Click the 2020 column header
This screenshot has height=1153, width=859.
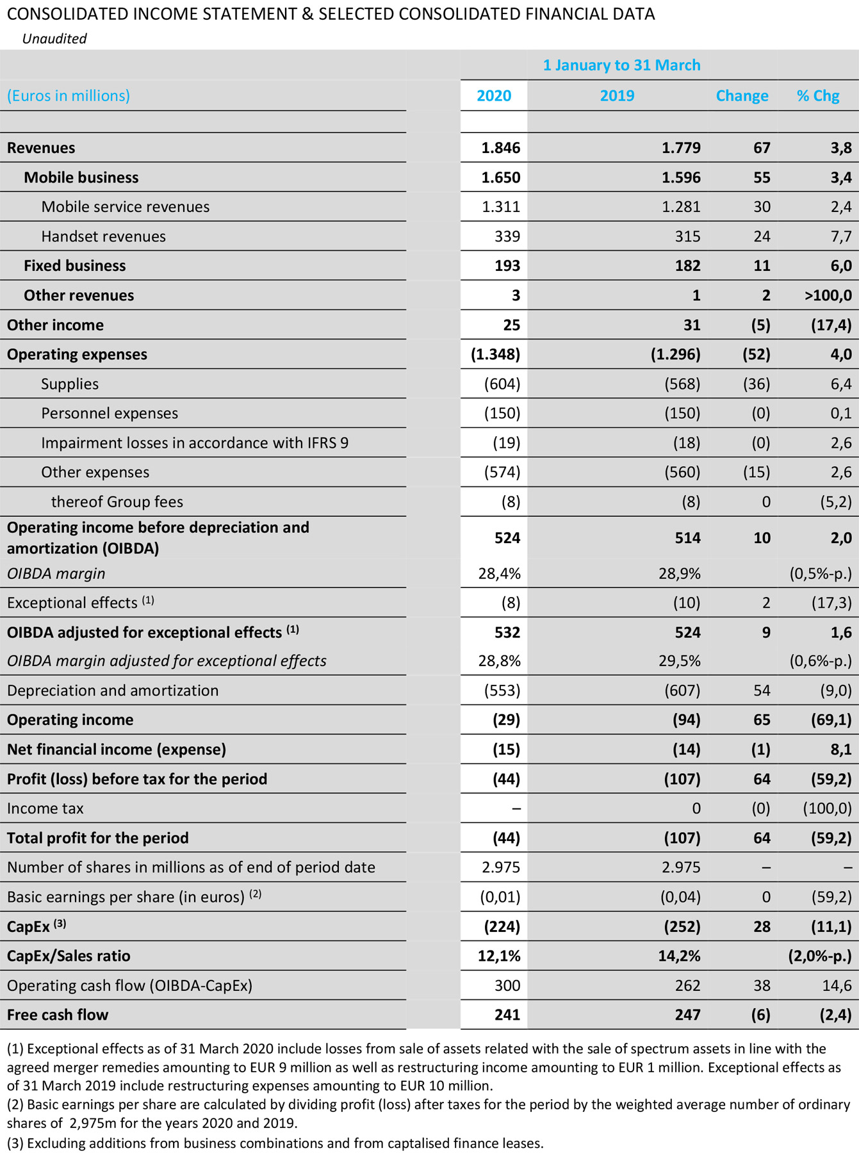click(x=494, y=96)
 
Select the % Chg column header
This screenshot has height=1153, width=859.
click(x=817, y=96)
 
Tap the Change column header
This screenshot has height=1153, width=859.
click(x=742, y=96)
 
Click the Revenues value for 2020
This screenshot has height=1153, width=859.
click(x=501, y=148)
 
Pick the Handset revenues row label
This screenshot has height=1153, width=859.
click(x=103, y=236)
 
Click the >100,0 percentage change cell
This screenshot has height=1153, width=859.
click(x=828, y=295)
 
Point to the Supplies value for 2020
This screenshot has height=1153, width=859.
click(x=502, y=384)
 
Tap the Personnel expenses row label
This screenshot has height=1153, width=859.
click(x=110, y=413)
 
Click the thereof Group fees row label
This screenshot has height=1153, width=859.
click(x=117, y=502)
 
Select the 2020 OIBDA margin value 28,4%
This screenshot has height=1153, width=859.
click(x=500, y=573)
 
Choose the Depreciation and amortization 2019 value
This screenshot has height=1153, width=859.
click(x=682, y=691)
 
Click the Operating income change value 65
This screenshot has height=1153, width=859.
click(x=762, y=720)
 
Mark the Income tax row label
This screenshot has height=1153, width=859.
click(x=45, y=808)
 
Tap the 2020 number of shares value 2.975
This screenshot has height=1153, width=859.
click(x=501, y=867)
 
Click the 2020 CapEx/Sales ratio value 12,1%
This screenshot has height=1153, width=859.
click(x=499, y=956)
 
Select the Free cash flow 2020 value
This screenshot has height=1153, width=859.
click(x=507, y=1015)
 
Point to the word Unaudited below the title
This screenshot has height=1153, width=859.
click(x=54, y=38)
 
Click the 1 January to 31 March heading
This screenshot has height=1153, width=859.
click(x=621, y=65)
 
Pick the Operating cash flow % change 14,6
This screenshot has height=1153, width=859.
click(x=837, y=985)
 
